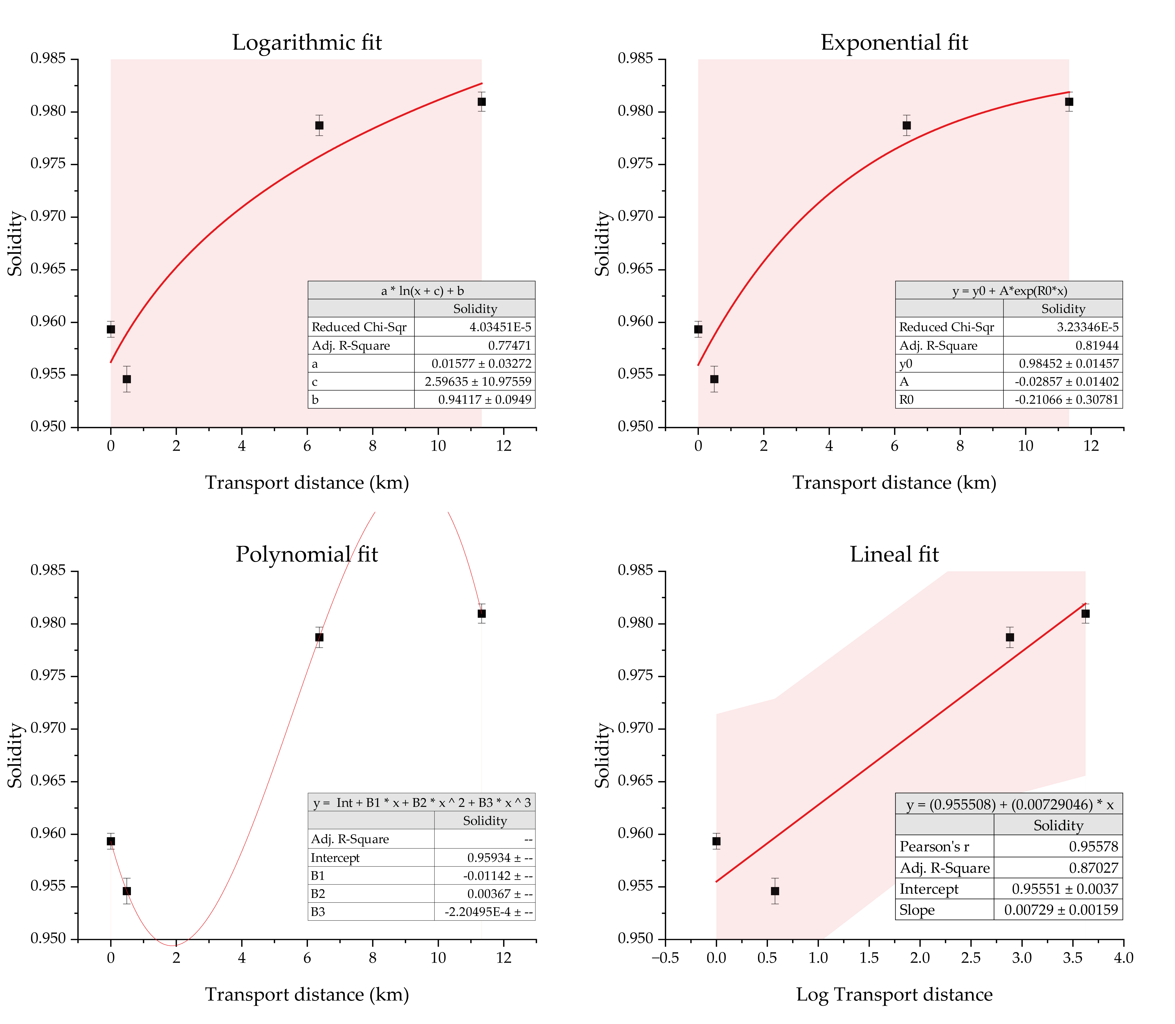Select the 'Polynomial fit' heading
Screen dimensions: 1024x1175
pos(307,554)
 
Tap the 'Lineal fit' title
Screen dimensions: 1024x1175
pos(894,554)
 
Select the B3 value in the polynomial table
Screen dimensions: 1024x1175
pos(489,911)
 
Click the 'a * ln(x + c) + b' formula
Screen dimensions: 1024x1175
pos(422,290)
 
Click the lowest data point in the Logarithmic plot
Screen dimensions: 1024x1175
pos(127,379)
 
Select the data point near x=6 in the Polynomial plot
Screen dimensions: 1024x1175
pos(319,637)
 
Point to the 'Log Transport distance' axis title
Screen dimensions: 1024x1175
pos(894,995)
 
